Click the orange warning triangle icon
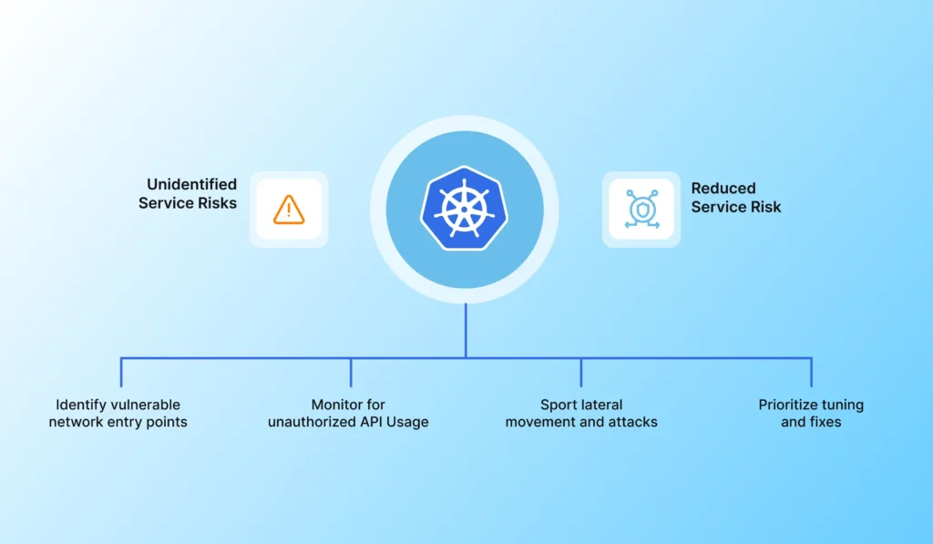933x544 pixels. (289, 210)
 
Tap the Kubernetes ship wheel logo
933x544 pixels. (465, 209)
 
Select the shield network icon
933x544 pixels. (641, 210)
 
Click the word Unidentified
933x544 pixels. (191, 185)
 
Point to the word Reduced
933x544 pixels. (723, 189)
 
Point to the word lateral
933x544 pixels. (603, 405)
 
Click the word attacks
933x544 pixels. (633, 422)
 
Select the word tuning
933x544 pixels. (843, 405)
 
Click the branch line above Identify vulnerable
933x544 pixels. (121, 372)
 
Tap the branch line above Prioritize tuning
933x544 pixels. (811, 372)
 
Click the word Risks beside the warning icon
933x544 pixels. (216, 203)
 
